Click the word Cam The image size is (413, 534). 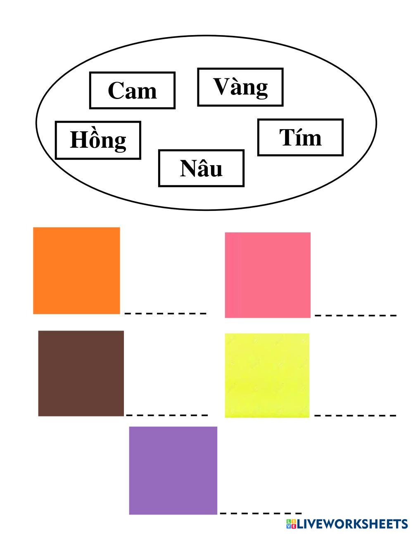pyautogui.click(x=132, y=90)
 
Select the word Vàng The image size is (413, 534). pyautogui.click(x=240, y=87)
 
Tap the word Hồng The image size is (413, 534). pyautogui.click(x=98, y=140)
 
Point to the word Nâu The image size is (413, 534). pyautogui.click(x=201, y=168)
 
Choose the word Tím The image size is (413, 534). pyautogui.click(x=300, y=137)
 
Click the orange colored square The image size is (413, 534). pyautogui.click(x=76, y=270)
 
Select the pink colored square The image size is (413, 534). pyautogui.click(x=268, y=275)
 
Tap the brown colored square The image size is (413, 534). pyautogui.click(x=81, y=373)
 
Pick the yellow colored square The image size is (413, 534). pyautogui.click(x=267, y=375)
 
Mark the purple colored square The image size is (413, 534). pyautogui.click(x=173, y=470)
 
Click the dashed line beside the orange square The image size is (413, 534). pyautogui.click(x=165, y=314)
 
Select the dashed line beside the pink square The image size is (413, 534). pyautogui.click(x=355, y=316)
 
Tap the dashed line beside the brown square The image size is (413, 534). pyautogui.click(x=166, y=415)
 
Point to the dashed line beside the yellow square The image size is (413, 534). pyautogui.click(x=355, y=415)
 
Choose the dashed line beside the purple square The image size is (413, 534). pyautogui.click(x=261, y=513)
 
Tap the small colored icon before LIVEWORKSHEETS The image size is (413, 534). pyautogui.click(x=291, y=524)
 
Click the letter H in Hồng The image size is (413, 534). pyautogui.click(x=78, y=140)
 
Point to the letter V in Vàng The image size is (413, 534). pyautogui.click(x=221, y=86)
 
